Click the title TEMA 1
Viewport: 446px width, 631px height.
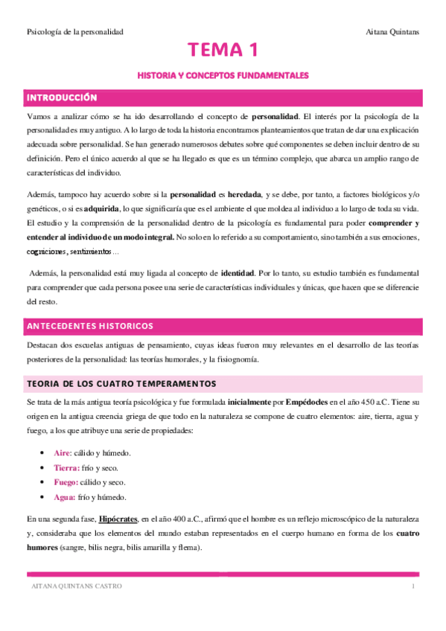pyautogui.click(x=223, y=50)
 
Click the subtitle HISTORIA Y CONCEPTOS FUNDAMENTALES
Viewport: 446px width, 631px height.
pyautogui.click(x=223, y=76)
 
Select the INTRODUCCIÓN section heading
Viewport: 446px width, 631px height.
pyautogui.click(x=63, y=97)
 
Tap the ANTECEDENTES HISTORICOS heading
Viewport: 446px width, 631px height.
pyautogui.click(x=90, y=326)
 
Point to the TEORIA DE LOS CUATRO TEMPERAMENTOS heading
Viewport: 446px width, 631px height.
pyautogui.click(x=121, y=383)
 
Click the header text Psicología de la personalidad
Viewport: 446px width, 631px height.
pyautogui.click(x=74, y=31)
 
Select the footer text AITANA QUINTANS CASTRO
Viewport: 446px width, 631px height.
pyautogui.click(x=74, y=586)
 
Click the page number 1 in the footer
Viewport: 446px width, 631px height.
pyautogui.click(x=413, y=586)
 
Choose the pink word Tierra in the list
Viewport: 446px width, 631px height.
pyautogui.click(x=68, y=467)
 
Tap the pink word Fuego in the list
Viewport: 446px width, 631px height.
pyautogui.click(x=67, y=482)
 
